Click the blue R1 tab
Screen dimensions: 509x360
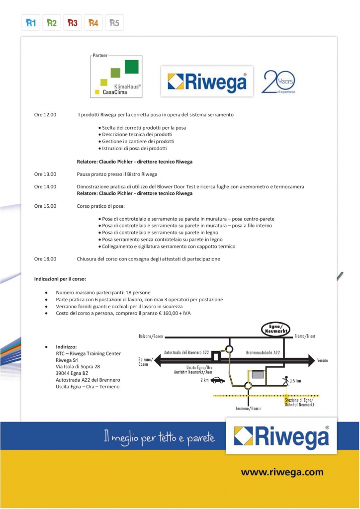[31, 23]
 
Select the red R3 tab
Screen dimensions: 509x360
[73, 23]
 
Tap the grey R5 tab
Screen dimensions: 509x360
[114, 23]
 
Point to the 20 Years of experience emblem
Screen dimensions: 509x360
[278, 82]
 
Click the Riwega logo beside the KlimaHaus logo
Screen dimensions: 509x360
[207, 81]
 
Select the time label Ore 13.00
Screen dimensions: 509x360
[45, 174]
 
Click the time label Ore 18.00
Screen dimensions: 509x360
[45, 259]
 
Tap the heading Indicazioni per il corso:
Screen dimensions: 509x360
[60, 279]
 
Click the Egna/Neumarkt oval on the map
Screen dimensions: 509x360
[276, 329]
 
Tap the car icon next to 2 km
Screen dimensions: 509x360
[218, 380]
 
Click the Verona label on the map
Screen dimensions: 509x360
[326, 359]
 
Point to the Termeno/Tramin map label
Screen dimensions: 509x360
[249, 408]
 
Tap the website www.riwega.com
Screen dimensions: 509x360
[282, 472]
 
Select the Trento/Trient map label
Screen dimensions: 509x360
[305, 337]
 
